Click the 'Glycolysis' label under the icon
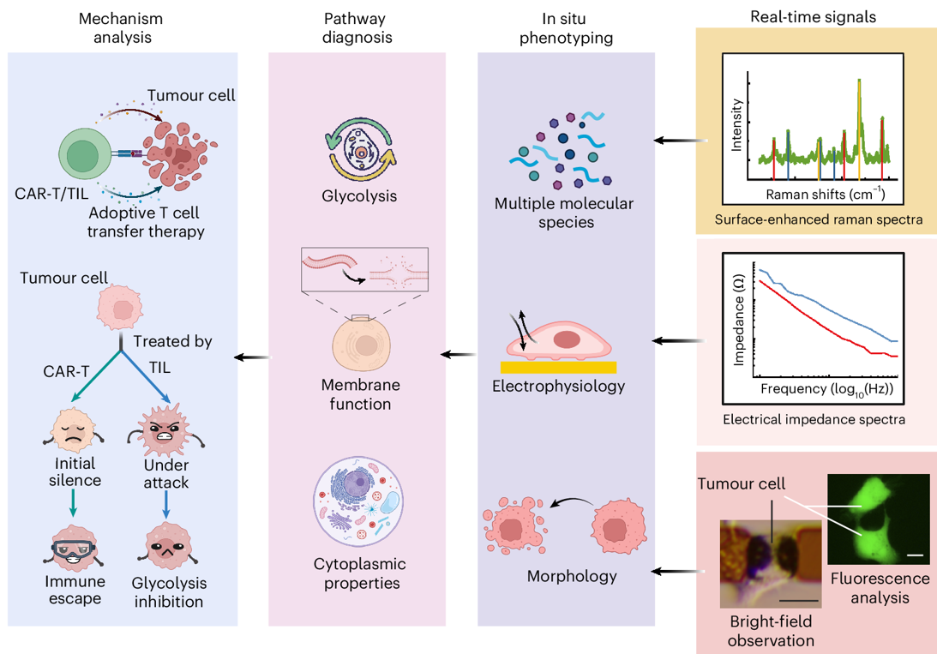pos(359,196)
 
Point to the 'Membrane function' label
pos(360,394)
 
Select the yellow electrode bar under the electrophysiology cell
pos(558,367)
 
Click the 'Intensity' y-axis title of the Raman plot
pos(736,134)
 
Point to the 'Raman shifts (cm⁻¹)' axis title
pos(825,195)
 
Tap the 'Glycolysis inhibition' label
pos(170,592)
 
